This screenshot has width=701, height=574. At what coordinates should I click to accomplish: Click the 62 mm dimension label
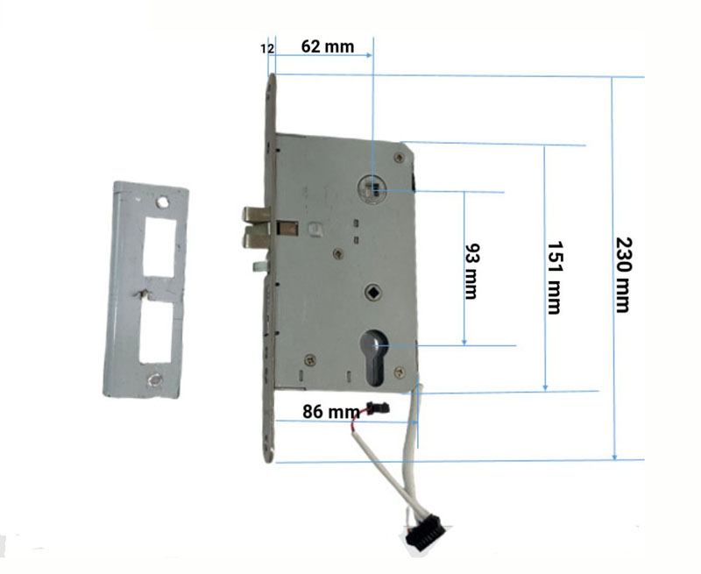click(x=328, y=46)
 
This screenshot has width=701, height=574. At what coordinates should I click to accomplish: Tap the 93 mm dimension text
click(x=471, y=271)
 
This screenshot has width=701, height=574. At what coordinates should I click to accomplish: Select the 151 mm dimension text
click(x=555, y=278)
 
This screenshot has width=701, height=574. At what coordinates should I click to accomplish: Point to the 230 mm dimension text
click(x=623, y=275)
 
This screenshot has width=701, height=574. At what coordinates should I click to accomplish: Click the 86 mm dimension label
click(x=331, y=412)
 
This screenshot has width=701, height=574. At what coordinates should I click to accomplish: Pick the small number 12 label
click(x=267, y=49)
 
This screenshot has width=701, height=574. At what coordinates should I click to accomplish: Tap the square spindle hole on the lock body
click(x=372, y=293)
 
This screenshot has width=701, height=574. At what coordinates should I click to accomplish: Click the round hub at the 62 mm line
click(x=372, y=189)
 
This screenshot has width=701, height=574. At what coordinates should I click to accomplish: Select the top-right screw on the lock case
click(x=399, y=158)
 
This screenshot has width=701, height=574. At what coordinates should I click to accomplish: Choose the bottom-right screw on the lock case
click(x=400, y=372)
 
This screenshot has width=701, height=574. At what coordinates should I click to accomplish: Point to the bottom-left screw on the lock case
click(x=310, y=359)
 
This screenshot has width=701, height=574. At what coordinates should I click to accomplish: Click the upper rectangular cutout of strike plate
click(x=159, y=247)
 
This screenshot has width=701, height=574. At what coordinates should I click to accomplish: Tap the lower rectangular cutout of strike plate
click(x=156, y=331)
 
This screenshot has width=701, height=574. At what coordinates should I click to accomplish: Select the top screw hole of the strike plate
click(x=162, y=202)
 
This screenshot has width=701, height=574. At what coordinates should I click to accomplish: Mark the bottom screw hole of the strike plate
click(x=155, y=380)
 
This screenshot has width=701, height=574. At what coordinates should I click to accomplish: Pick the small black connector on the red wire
click(x=379, y=408)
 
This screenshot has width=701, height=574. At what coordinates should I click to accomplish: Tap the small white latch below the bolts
click(x=259, y=266)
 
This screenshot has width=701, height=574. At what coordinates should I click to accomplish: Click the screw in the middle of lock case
click(x=338, y=254)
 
